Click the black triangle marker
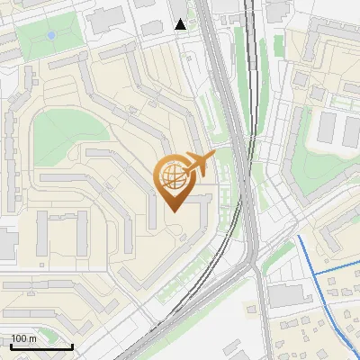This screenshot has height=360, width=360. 181,24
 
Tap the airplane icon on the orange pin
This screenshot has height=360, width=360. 200,164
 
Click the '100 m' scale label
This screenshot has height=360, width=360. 22,338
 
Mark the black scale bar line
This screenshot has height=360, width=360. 41,346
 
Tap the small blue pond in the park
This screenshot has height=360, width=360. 51,35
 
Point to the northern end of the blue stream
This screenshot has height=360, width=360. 298,237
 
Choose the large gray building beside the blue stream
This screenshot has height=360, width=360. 289,295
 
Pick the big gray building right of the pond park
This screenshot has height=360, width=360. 108,18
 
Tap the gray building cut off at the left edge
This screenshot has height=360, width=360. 5,244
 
